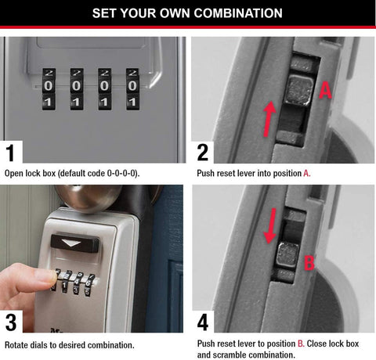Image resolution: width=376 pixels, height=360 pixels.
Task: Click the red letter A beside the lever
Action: tap(327, 92)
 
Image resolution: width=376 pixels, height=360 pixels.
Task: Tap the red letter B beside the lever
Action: tap(309, 263)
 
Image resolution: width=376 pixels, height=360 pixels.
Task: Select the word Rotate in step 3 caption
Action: tap(19, 344)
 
